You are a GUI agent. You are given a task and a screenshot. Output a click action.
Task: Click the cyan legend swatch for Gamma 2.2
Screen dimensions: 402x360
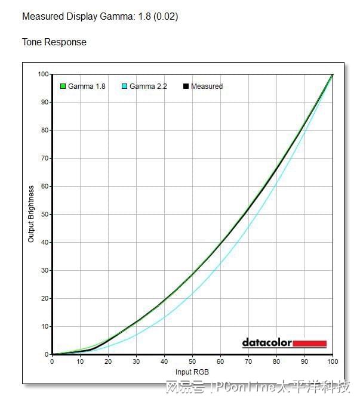coord(124,86)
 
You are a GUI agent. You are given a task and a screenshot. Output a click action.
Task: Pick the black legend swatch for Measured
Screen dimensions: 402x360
coord(186,86)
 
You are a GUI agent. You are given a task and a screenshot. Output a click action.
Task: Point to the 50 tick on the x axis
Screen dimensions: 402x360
coord(192,361)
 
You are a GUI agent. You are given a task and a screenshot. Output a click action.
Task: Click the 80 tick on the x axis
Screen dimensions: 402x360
coord(276,361)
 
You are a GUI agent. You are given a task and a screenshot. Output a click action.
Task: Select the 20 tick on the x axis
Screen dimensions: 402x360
coord(108,361)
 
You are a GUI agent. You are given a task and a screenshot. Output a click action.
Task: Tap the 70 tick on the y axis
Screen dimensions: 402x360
coord(44,158)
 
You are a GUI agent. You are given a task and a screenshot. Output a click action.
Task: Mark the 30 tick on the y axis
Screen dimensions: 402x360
coord(44,270)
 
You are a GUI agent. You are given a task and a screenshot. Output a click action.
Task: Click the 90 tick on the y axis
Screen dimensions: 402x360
coord(44,102)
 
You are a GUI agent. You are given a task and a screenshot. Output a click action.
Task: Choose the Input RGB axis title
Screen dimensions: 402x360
coord(192,373)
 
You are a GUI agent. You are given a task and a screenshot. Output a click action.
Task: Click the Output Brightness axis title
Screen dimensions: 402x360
coord(31,214)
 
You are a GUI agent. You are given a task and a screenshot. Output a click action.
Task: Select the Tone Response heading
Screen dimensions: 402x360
coord(54,42)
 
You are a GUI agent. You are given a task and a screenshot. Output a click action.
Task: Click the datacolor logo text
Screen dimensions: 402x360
coord(267,343)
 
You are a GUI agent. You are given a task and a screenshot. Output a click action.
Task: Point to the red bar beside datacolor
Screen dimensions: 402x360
coord(309,344)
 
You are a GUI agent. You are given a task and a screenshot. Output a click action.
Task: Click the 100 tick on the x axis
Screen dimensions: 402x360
coord(333,361)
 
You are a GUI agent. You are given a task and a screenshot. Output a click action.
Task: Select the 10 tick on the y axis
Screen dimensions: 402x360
coord(44,326)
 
